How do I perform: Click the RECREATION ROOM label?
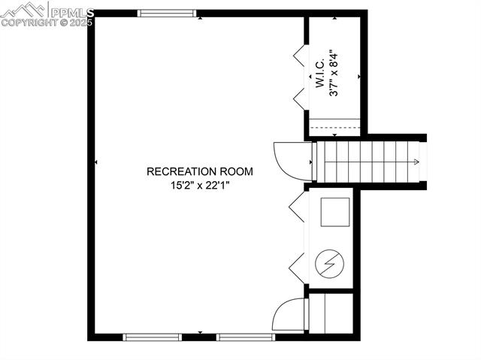(199, 171)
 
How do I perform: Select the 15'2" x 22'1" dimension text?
(199, 185)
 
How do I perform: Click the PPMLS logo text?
(71, 12)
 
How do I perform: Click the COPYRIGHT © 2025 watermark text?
(47, 23)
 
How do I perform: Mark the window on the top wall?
(167, 13)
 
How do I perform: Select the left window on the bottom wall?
(153, 337)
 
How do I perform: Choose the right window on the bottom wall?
(246, 337)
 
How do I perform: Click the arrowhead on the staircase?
(416, 162)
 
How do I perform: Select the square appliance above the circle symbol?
(334, 212)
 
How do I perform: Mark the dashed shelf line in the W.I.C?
(335, 127)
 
